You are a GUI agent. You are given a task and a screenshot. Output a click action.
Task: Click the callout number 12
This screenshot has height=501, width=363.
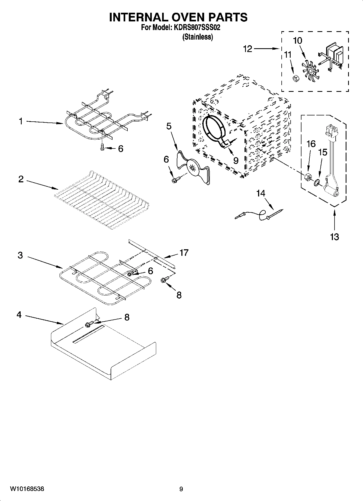click(x=248, y=49)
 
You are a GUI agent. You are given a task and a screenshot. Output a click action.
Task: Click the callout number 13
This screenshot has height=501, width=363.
click(x=334, y=237)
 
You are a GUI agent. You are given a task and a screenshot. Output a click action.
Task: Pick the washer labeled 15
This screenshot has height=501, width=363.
click(x=316, y=183)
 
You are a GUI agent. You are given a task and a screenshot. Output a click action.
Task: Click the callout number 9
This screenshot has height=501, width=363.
click(x=236, y=161)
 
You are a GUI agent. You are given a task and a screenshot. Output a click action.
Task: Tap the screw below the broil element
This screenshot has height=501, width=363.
click(x=102, y=147)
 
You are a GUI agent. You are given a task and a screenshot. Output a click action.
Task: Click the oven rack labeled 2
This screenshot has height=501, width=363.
click(x=102, y=199)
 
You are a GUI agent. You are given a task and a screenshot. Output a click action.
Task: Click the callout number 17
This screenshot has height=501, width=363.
click(x=184, y=253)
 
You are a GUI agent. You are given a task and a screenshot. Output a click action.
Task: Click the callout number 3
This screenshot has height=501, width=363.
click(x=20, y=255)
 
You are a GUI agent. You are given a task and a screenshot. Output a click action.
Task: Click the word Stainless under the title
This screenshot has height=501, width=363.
click(x=198, y=37)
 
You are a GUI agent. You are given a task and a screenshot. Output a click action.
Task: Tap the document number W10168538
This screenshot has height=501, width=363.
click(x=27, y=489)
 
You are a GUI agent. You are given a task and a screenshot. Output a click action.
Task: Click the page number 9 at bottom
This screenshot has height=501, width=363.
click(x=181, y=489)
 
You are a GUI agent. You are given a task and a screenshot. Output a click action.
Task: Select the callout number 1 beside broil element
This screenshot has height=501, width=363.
click(x=21, y=121)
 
